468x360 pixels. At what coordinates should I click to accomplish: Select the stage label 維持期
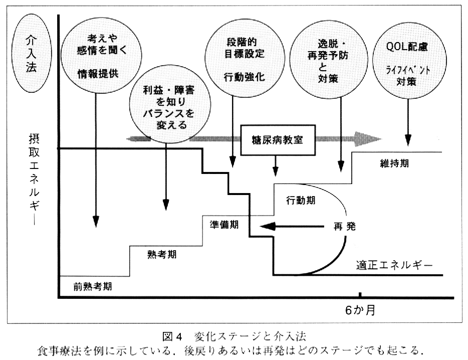[x=393, y=163]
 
